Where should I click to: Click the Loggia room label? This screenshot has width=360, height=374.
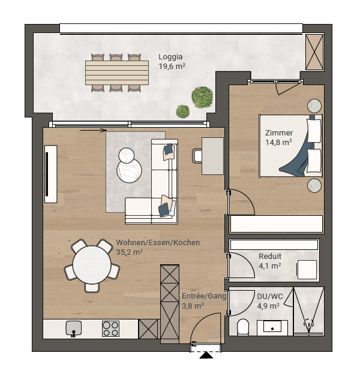[170, 57]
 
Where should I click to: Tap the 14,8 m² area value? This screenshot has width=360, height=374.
[278, 143]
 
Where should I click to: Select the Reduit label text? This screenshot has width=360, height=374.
[270, 257]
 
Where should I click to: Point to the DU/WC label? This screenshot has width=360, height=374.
[270, 297]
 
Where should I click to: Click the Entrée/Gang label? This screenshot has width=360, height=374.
[204, 296]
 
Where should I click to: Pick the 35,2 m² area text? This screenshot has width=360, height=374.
[130, 252]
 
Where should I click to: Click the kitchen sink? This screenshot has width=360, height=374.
[74, 328]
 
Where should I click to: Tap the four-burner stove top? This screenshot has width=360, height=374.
[110, 328]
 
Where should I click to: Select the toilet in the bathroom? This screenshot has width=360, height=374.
[243, 327]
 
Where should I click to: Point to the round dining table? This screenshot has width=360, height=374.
[92, 265]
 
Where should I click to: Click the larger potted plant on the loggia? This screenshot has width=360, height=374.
[202, 97]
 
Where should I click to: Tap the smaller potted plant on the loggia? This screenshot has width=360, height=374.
[183, 111]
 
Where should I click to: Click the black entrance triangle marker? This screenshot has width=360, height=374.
[206, 355]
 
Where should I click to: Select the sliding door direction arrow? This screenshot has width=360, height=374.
[94, 130]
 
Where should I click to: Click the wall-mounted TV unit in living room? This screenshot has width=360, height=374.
[51, 174]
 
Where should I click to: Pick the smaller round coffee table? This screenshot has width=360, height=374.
[126, 155]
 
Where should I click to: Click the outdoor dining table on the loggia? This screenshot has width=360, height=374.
[117, 73]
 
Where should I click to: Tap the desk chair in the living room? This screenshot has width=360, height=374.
[197, 156]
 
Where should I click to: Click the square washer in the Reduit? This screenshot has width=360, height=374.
[307, 270]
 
